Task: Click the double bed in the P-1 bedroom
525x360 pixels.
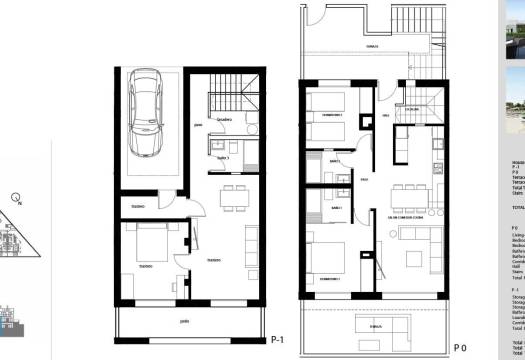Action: [x=154, y=246]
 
